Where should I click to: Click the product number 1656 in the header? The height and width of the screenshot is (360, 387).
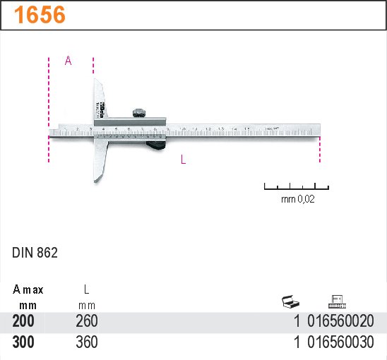[40, 15]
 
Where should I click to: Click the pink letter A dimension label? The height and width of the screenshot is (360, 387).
[69, 61]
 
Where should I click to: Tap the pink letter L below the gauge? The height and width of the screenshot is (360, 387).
[183, 160]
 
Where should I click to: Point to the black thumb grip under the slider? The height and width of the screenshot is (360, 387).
[156, 145]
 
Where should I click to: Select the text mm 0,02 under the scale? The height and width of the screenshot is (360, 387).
[297, 200]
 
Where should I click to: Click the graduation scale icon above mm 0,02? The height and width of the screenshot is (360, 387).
[297, 187]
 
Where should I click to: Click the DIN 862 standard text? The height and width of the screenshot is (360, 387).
[35, 252]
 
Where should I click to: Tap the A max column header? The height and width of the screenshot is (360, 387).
[28, 289]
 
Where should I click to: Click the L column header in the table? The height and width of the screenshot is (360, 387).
[87, 289]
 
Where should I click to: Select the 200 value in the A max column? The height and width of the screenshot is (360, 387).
[23, 322]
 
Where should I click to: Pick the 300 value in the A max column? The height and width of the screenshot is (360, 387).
[23, 342]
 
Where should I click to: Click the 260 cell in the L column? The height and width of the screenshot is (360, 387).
[87, 322]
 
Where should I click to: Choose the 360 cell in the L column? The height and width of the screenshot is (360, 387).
[87, 342]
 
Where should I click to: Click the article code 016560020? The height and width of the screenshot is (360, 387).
[341, 322]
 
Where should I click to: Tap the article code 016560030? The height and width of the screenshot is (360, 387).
[341, 342]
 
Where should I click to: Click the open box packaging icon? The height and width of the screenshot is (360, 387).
[291, 303]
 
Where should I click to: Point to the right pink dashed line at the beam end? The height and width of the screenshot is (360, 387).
[320, 150]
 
